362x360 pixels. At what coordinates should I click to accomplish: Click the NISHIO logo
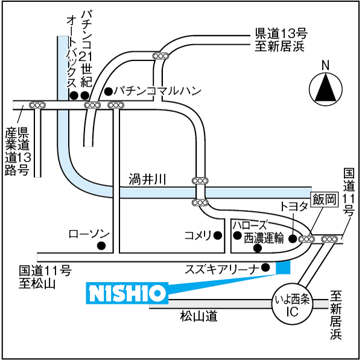point(127,293)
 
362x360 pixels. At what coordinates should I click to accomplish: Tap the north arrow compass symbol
point(326,89)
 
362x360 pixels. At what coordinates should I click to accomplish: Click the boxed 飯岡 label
point(325,199)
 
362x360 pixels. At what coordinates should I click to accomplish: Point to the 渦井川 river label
point(148,179)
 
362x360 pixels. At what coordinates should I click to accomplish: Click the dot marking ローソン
point(101,245)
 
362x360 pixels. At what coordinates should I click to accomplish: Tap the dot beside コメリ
point(218,236)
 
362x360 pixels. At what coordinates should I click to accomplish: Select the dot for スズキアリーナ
point(265,268)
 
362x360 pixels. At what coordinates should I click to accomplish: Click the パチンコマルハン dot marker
point(108,91)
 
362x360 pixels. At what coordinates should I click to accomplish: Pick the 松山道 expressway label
point(198,316)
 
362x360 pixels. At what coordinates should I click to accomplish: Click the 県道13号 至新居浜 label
point(281,40)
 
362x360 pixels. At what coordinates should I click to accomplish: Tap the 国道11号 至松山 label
point(45,277)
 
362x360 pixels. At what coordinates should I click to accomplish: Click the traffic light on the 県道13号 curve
point(160,56)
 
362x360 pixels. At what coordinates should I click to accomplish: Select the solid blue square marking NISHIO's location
point(283,268)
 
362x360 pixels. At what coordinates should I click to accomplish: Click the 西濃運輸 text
point(264,238)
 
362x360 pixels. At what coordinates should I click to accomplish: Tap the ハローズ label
point(250,225)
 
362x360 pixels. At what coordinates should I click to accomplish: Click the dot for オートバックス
point(74,95)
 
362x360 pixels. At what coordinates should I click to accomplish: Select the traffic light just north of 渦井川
point(200,181)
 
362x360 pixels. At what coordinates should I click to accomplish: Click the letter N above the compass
point(326,65)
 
